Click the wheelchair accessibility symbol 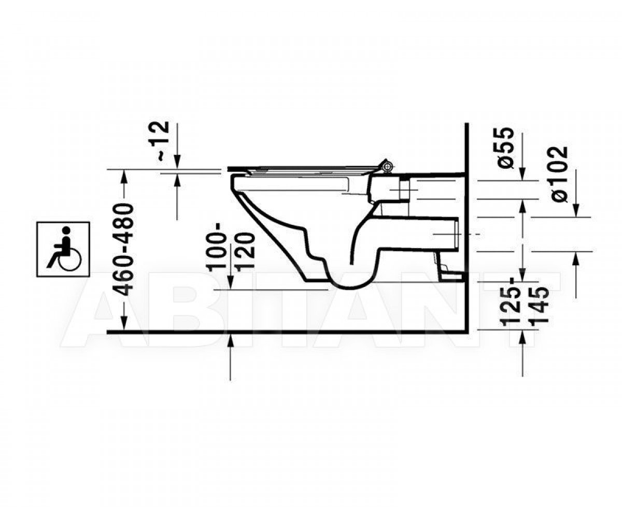pyautogui.click(x=63, y=250)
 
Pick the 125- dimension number pyautogui.click(x=511, y=304)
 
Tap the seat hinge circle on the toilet pyautogui.click(x=387, y=167)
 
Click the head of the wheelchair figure pyautogui.click(x=67, y=230)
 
